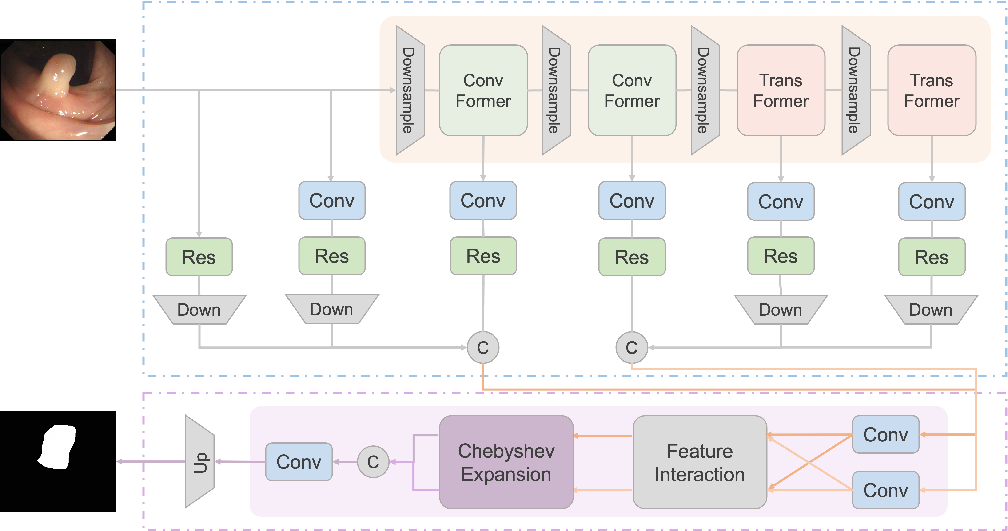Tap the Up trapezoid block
point(199,462)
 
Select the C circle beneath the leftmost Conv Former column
point(483,347)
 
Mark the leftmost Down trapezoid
point(199,310)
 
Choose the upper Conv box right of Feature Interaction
point(885,434)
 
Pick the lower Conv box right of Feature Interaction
point(885,490)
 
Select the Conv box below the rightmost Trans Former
point(932,201)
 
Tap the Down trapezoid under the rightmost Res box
point(931,310)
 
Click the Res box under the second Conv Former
point(632,257)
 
